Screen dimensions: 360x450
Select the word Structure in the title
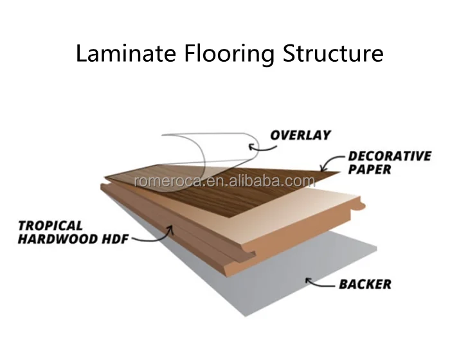[332, 53]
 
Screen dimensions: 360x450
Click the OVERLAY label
[300, 136]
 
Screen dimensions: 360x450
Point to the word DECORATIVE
[389, 156]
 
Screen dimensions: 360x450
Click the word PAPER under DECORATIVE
[370, 170]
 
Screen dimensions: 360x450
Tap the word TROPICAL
[51, 226]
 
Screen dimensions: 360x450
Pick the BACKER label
[365, 283]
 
